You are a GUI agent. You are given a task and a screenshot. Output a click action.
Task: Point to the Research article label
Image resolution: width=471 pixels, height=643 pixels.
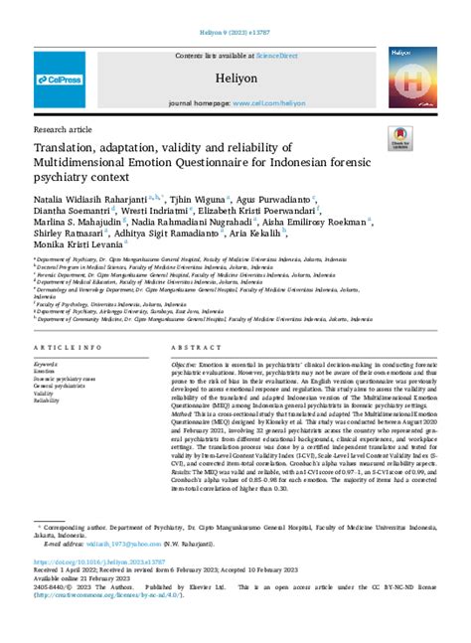pos(63,129)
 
